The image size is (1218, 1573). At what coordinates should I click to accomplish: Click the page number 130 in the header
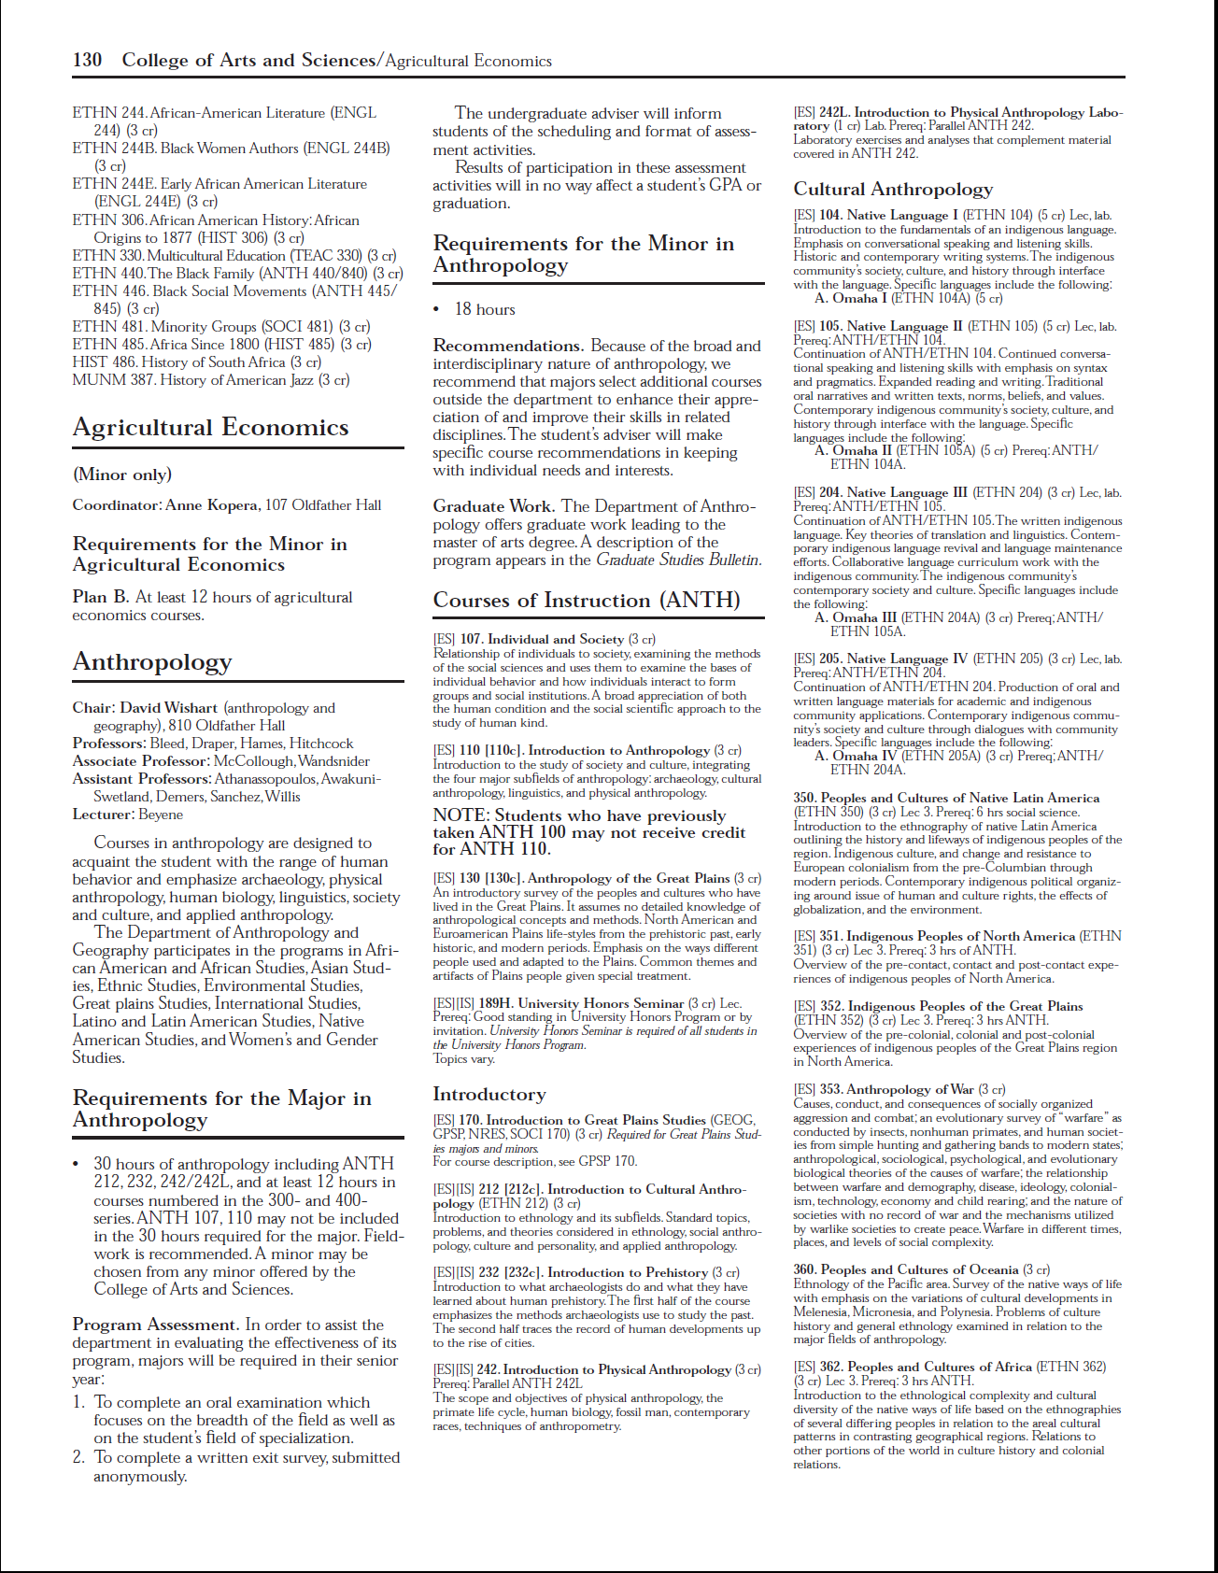88,60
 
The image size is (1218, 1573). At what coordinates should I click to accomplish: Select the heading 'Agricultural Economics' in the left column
210,427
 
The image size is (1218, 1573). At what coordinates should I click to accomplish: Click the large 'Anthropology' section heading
152,662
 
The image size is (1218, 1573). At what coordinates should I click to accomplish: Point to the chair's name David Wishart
169,708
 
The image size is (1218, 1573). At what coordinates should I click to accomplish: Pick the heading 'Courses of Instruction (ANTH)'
586,601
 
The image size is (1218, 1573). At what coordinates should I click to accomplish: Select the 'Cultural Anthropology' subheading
893,189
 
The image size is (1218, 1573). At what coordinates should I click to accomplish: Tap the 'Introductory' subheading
489,1094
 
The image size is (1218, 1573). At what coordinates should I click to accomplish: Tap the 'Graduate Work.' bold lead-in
493,506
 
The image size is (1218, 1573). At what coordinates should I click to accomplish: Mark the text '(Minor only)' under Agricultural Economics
122,475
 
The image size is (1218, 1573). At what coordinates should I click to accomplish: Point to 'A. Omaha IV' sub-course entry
856,756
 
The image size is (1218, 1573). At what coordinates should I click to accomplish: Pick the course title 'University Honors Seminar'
581,1003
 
